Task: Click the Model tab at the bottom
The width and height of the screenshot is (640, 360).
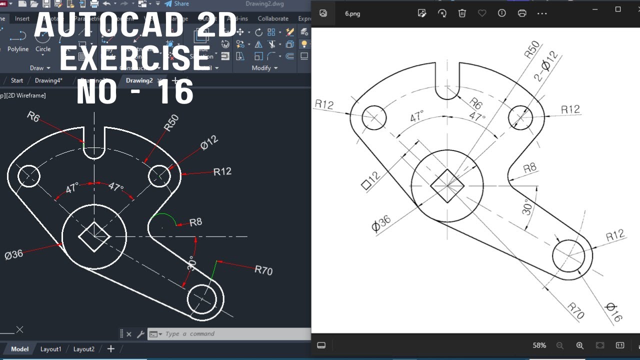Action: coord(19,349)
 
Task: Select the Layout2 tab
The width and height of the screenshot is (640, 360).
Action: coord(83,349)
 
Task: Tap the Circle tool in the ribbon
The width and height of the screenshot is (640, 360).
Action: coord(43,49)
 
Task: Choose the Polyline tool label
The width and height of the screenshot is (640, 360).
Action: coord(18,49)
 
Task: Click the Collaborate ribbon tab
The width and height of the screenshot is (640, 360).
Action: coord(273,18)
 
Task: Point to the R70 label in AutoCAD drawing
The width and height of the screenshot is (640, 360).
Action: coord(263,270)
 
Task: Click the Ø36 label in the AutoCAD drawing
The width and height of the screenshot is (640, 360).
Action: coord(14,254)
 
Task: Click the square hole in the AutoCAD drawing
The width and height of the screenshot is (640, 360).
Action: coord(94,236)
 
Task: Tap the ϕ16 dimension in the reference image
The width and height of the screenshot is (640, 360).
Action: coord(613,312)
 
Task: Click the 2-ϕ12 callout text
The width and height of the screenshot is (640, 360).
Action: coord(546,65)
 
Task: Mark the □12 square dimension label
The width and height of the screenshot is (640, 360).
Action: coord(370,180)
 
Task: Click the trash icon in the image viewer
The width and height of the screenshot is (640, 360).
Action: coord(462,13)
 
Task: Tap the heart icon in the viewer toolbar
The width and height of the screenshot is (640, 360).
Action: coord(482,13)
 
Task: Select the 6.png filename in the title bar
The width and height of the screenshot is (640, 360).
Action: coord(352,13)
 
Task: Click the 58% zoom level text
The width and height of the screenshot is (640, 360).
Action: coord(539,345)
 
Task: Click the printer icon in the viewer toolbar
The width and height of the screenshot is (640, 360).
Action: coord(522,13)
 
